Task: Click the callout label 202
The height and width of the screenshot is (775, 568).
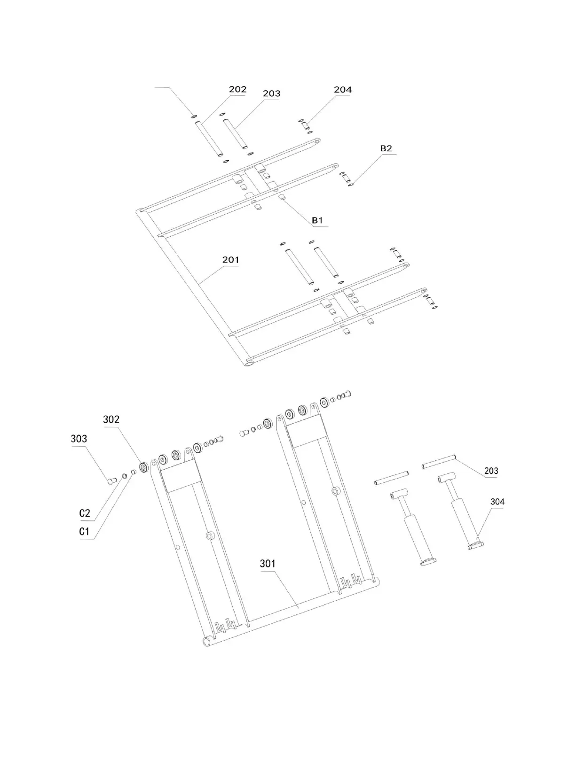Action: click(x=237, y=89)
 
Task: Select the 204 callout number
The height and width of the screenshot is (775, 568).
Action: click(x=342, y=90)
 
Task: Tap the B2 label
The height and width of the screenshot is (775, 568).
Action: click(x=386, y=148)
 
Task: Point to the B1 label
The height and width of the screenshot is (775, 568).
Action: click(x=317, y=220)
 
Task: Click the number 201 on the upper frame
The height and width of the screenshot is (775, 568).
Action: click(x=230, y=260)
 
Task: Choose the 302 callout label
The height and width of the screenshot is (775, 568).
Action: click(x=111, y=419)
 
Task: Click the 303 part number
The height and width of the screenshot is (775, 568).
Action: click(x=79, y=439)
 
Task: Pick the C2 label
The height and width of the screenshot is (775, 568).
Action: click(x=85, y=513)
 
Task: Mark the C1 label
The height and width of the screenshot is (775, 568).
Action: click(x=85, y=532)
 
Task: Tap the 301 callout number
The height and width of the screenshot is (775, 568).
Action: click(x=268, y=564)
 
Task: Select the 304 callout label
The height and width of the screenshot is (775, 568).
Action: click(x=497, y=502)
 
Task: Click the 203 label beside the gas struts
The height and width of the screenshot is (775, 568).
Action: click(x=491, y=471)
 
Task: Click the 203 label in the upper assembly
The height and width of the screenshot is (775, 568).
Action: click(x=271, y=93)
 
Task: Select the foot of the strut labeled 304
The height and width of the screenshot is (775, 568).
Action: click(x=476, y=545)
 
